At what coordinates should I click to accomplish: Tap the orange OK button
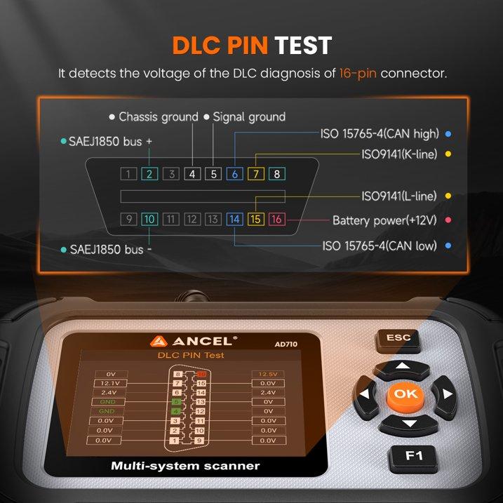click(405, 394)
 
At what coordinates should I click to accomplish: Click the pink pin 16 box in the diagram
click(276, 220)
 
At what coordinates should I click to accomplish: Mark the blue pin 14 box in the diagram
click(235, 220)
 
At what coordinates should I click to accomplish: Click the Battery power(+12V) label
click(384, 220)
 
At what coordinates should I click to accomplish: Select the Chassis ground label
click(158, 117)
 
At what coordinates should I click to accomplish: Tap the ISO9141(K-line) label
click(398, 154)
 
